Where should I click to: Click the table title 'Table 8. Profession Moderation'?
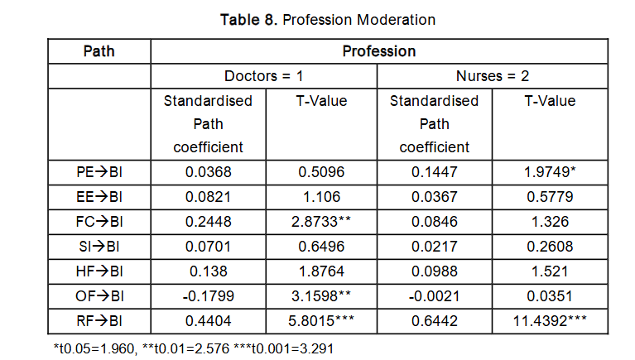pyautogui.click(x=328, y=19)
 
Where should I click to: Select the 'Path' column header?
pyautogui.click(x=99, y=51)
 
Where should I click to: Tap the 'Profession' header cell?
pyautogui.click(x=379, y=51)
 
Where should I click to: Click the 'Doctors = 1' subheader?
pyautogui.click(x=264, y=76)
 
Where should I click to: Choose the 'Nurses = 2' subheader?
pyautogui.click(x=493, y=76)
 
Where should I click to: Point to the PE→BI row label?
pyautogui.click(x=99, y=172)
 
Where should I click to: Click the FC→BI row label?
pyautogui.click(x=99, y=222)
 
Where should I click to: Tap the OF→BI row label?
pyautogui.click(x=99, y=295)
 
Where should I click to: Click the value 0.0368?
pyautogui.click(x=208, y=172)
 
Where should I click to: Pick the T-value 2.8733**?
pyautogui.click(x=321, y=222)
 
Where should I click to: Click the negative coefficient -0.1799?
pyautogui.click(x=208, y=295)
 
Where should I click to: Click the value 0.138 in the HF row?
pyautogui.click(x=208, y=271)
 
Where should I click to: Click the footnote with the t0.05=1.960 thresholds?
pyautogui.click(x=193, y=348)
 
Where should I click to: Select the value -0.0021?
pyautogui.click(x=434, y=295)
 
